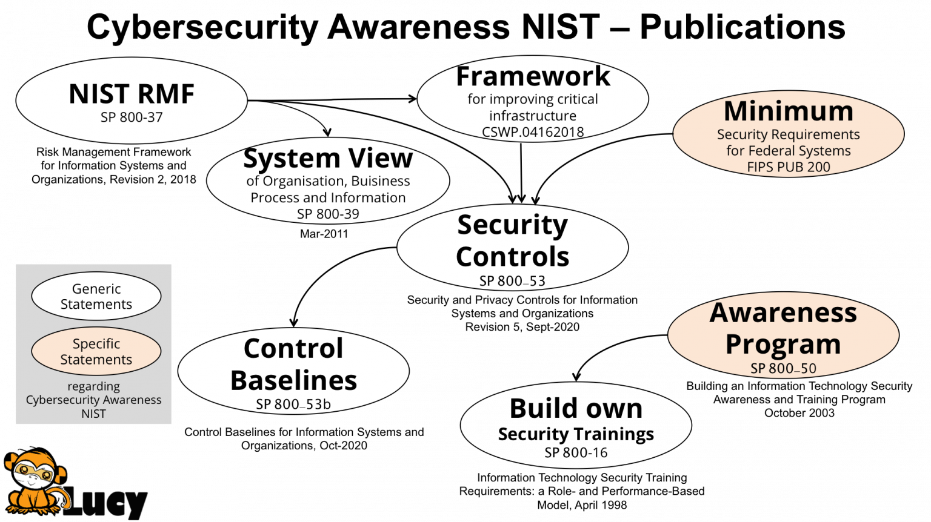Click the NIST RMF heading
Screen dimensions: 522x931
coord(132,94)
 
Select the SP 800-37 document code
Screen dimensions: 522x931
coord(132,117)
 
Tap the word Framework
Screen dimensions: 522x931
coord(533,76)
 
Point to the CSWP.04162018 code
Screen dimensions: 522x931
coord(533,132)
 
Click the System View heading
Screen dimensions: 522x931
coord(328,158)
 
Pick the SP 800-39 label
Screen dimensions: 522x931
coord(328,214)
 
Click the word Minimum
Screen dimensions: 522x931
coord(789,111)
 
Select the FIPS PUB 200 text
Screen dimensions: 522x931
coord(789,167)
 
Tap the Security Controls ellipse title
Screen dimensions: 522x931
coord(512,240)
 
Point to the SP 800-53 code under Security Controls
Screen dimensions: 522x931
coord(512,281)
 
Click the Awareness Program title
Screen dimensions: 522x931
coord(783,328)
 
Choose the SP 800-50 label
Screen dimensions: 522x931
coord(783,368)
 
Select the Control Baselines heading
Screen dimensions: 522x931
coord(293,364)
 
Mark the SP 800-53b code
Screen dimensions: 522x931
coord(293,405)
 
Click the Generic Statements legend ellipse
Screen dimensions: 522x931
coord(96,296)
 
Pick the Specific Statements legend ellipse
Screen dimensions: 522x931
coord(96,351)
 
